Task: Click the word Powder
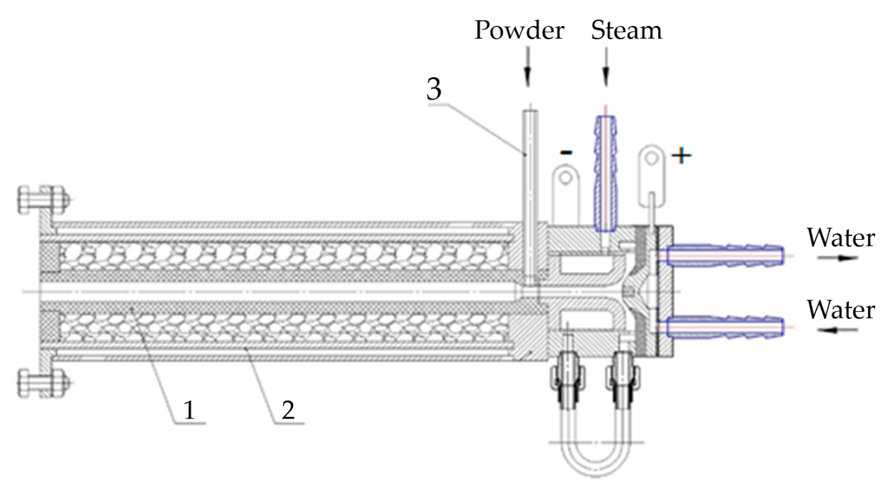[519, 30]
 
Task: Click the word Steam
[626, 30]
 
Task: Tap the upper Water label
[840, 238]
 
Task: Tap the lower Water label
[840, 310]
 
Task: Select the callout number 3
[434, 89]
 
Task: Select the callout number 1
[189, 410]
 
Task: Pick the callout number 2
[288, 410]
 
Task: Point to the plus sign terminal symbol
[681, 155]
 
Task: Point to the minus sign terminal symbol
[566, 152]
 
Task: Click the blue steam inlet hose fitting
[605, 173]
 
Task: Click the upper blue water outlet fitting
[725, 254]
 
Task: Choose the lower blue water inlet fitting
[725, 326]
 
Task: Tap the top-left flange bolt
[43, 200]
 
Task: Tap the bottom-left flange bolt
[43, 383]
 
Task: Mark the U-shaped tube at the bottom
[594, 455]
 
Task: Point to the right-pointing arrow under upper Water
[837, 258]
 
